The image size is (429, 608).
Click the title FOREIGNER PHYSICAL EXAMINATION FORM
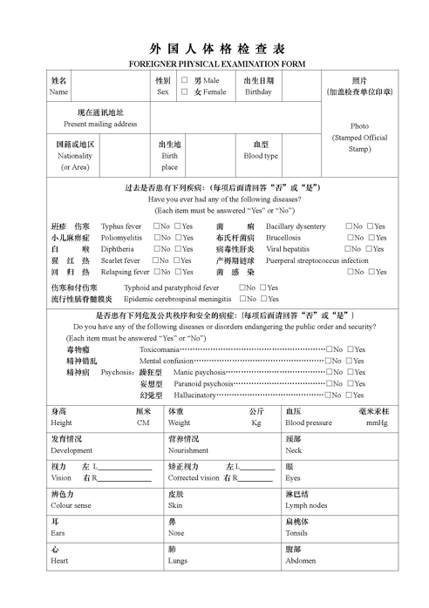tap(214, 64)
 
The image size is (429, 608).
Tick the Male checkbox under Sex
tap(185, 79)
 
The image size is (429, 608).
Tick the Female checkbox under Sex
tap(185, 91)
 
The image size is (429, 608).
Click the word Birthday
tap(258, 91)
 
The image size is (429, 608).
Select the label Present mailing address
tap(100, 125)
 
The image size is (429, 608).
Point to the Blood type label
tap(261, 156)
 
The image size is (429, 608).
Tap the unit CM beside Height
tap(144, 422)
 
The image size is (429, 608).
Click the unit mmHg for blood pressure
tap(377, 422)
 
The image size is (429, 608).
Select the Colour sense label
tap(71, 505)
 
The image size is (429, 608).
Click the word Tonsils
tap(296, 533)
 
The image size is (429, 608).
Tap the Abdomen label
tap(301, 561)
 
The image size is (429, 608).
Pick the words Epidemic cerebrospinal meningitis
tap(172, 299)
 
